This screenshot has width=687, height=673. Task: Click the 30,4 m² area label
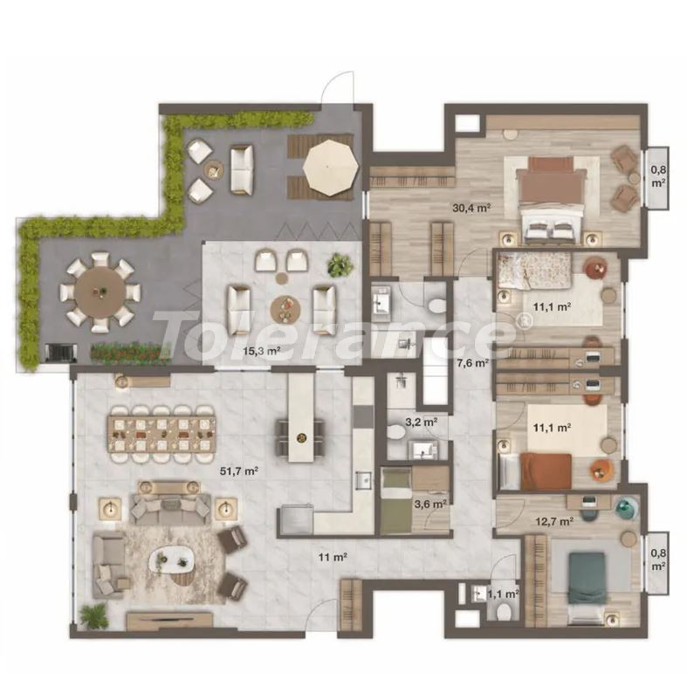click(471, 208)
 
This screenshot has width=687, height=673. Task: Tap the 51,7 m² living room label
click(238, 471)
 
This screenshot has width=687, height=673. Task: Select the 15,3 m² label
click(262, 350)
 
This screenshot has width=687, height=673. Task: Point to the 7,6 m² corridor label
click(472, 362)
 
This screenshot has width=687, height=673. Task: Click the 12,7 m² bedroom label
click(554, 521)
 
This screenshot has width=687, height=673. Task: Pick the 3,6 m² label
click(430, 504)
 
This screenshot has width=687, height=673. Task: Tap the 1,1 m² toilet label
click(503, 594)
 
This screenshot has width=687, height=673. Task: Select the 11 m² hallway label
click(333, 557)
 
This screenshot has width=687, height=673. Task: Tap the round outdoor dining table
click(100, 293)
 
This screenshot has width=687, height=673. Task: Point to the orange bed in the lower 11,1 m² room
click(546, 471)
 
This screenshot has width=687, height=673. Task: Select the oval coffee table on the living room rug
click(171, 560)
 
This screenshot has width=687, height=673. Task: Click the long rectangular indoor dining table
click(162, 434)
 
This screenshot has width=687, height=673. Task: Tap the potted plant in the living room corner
click(93, 615)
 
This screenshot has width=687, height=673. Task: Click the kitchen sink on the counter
click(363, 481)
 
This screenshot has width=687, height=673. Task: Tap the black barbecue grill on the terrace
click(61, 354)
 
